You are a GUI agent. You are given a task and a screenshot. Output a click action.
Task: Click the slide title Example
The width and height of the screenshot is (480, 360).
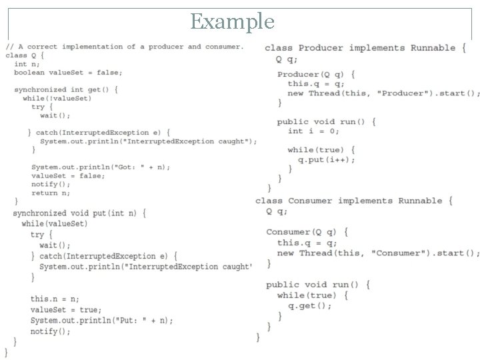click(x=232, y=21)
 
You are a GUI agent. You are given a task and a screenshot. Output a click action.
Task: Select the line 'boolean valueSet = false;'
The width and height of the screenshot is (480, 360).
click(x=68, y=73)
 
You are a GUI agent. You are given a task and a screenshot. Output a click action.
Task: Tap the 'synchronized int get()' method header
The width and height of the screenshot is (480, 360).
click(x=66, y=89)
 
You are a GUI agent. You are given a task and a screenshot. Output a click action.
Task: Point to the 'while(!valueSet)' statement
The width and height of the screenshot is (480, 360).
click(x=57, y=98)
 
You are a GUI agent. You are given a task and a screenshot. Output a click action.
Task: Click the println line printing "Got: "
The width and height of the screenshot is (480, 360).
click(x=101, y=167)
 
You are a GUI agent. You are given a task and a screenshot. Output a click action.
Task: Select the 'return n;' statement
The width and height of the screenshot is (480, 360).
click(x=50, y=193)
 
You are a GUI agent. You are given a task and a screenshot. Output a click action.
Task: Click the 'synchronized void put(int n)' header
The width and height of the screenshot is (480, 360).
click(x=79, y=213)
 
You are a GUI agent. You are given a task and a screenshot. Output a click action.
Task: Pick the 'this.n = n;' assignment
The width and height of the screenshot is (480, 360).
click(x=55, y=299)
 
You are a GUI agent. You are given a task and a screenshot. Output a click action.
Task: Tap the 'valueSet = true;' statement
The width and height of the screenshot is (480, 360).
click(x=66, y=309)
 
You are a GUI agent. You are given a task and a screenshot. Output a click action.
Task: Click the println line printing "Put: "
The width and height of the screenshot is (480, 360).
click(x=101, y=320)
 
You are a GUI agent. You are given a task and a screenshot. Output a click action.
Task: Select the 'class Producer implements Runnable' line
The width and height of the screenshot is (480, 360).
click(x=360, y=48)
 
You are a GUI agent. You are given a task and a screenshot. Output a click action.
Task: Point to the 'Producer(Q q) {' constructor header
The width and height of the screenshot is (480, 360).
click(x=316, y=73)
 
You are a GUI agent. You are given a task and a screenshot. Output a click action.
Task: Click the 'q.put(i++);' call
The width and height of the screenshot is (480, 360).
click(x=326, y=160)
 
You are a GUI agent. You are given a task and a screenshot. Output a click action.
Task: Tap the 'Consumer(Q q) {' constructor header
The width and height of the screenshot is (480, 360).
click(x=307, y=232)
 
